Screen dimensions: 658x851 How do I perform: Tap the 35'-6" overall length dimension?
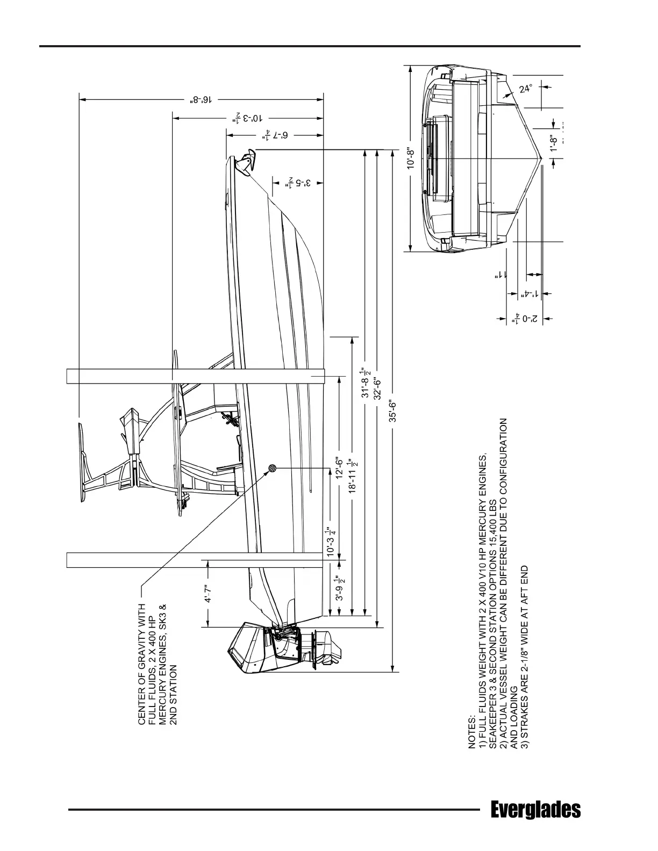[393, 411]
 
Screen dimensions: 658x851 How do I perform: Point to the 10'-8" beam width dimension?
[412, 159]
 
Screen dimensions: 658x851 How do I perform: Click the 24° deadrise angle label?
[526, 89]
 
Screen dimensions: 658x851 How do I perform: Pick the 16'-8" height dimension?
[202, 99]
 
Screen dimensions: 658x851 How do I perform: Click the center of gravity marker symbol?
[273, 468]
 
